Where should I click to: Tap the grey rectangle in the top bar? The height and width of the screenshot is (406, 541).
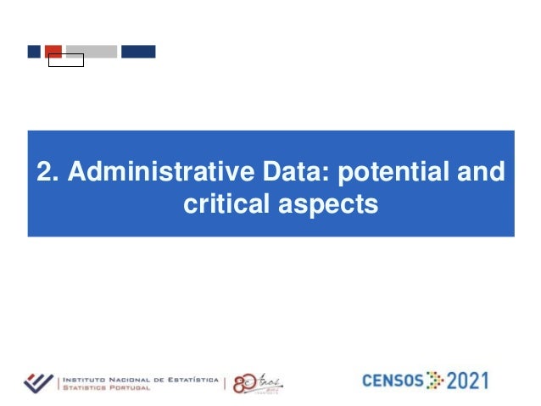[92, 52]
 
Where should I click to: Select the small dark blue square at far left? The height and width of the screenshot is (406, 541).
[34, 52]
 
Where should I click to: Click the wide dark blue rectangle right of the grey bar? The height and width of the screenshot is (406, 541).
[138, 52]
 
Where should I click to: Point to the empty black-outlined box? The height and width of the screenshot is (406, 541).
[65, 59]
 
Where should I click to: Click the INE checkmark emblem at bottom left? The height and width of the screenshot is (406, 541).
[37, 382]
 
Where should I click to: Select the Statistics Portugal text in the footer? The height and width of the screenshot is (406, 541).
[107, 387]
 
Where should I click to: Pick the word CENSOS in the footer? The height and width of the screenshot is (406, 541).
[392, 381]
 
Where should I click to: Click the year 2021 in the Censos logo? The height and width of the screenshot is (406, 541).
[467, 381]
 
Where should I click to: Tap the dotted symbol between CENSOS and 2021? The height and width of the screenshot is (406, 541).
[434, 381]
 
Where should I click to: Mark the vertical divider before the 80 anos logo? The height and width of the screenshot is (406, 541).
[225, 383]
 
